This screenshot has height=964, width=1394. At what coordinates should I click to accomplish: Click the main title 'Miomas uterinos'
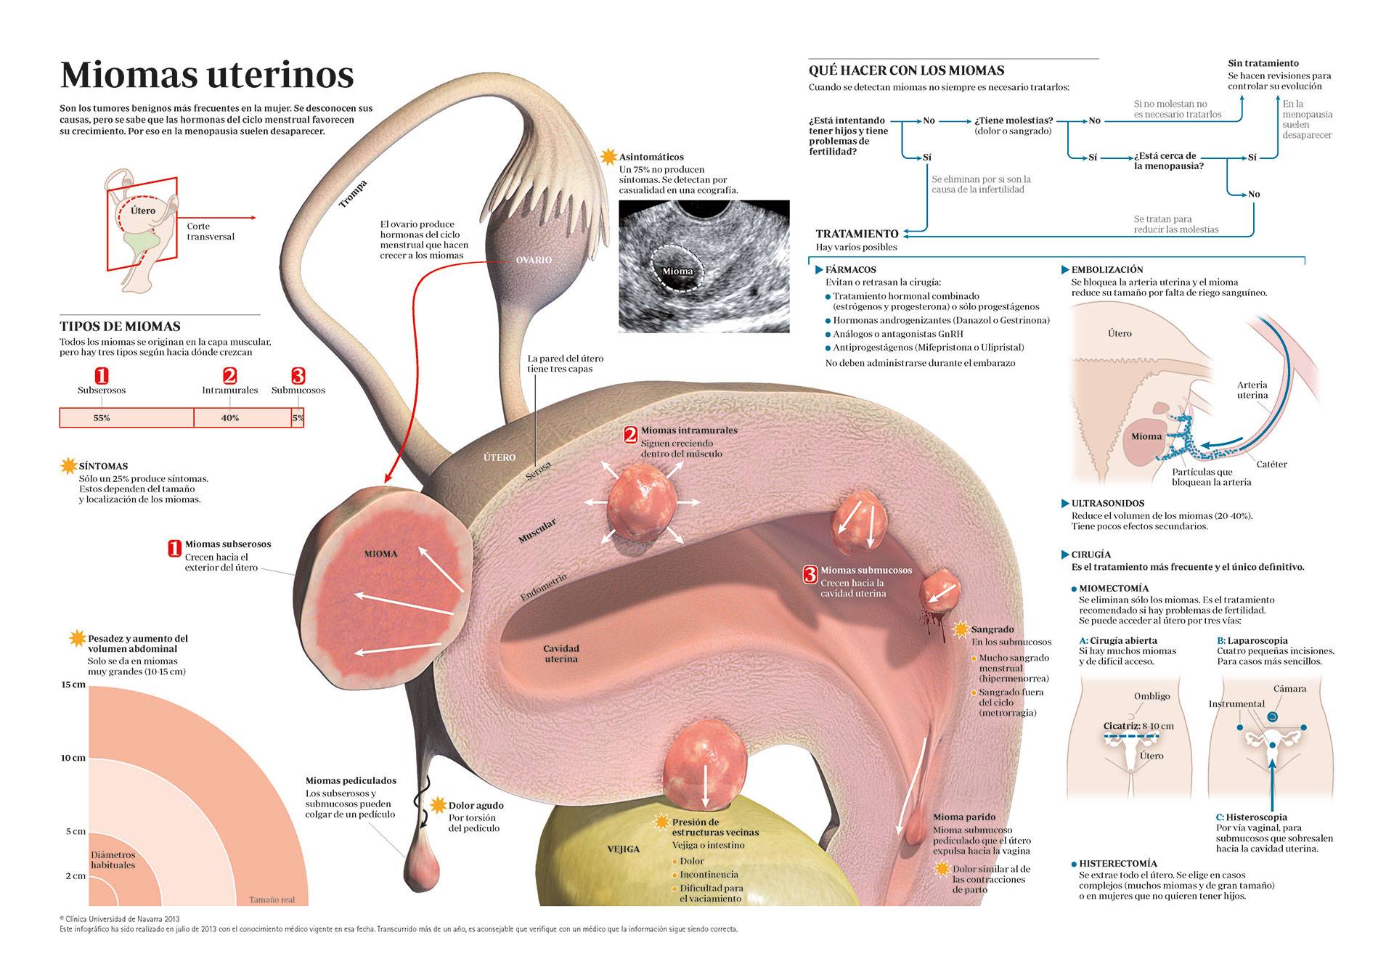pyautogui.click(x=207, y=74)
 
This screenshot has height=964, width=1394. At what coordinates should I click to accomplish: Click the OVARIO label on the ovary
pyautogui.click(x=534, y=260)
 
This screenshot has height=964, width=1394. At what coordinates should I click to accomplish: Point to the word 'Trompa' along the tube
pyautogui.click(x=354, y=195)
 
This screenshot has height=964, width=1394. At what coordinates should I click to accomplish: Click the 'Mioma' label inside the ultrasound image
pyautogui.click(x=677, y=271)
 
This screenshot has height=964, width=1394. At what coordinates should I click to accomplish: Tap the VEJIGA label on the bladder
pyautogui.click(x=623, y=849)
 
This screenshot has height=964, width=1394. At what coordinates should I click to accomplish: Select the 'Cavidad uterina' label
pyautogui.click(x=561, y=654)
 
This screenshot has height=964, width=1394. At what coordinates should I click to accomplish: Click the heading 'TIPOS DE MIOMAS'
pyautogui.click(x=120, y=327)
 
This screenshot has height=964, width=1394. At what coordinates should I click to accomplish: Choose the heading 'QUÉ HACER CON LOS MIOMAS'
pyautogui.click(x=906, y=70)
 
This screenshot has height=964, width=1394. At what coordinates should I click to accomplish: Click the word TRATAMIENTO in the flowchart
pyautogui.click(x=857, y=234)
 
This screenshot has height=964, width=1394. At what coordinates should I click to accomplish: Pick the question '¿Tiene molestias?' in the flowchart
pyautogui.click(x=1014, y=120)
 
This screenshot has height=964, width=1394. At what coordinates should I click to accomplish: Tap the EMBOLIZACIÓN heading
pyautogui.click(x=1107, y=269)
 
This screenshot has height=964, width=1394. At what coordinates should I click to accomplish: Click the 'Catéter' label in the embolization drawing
pyautogui.click(x=1271, y=465)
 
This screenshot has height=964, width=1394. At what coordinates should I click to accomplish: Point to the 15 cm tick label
pyautogui.click(x=73, y=685)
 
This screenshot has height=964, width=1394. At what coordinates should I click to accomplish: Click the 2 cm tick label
pyautogui.click(x=76, y=876)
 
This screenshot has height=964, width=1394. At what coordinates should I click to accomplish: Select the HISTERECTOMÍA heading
pyautogui.click(x=1117, y=864)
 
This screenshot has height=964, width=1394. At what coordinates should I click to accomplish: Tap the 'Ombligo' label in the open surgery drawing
pyautogui.click(x=1152, y=696)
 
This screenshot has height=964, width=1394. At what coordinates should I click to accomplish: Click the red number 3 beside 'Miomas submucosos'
pyautogui.click(x=810, y=574)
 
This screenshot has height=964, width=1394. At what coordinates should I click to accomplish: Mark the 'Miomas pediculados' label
pyautogui.click(x=351, y=781)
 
